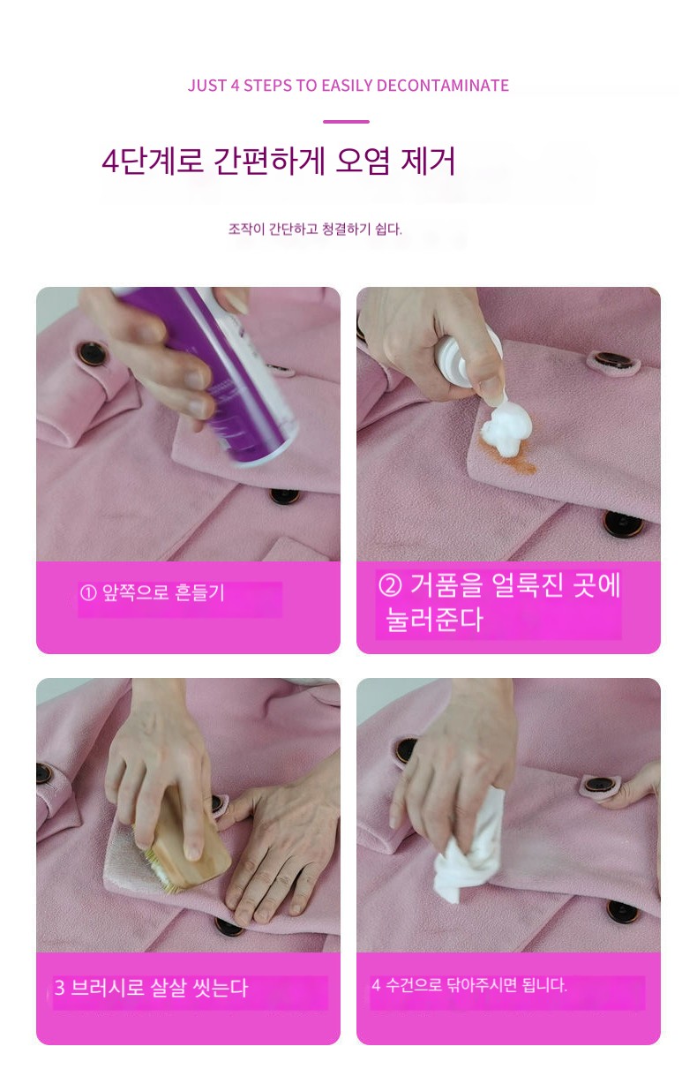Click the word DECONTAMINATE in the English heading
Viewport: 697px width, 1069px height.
click(442, 86)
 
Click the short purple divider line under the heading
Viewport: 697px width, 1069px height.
click(346, 122)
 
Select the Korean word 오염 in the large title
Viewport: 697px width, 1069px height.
click(363, 161)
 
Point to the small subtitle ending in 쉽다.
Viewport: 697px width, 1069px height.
click(315, 230)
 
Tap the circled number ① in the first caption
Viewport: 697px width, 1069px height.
click(87, 593)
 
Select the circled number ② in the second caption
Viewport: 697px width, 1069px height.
click(390, 584)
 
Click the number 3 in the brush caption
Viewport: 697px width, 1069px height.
click(59, 988)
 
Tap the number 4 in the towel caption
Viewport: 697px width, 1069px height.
click(376, 984)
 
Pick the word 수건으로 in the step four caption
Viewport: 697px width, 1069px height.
click(413, 984)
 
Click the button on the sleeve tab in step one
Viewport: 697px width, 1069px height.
click(91, 354)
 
